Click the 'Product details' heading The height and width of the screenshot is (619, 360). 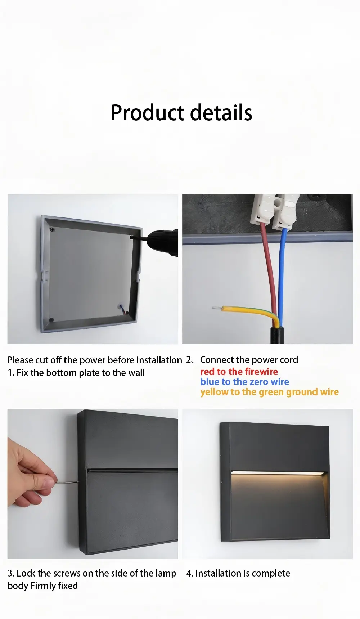pos(181,113)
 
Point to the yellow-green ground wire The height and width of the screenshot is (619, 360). pos(248,313)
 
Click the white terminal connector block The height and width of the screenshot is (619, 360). pos(276,211)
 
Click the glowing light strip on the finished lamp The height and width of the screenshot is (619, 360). pos(279,472)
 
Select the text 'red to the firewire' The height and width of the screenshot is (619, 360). pos(239,372)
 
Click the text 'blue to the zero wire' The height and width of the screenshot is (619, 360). pos(245,382)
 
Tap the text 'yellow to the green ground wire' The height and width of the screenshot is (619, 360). pos(270,392)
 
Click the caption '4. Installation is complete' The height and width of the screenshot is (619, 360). pos(238,573)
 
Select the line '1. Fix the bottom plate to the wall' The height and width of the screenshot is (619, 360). pos(76,373)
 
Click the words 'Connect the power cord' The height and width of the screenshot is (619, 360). pos(249,360)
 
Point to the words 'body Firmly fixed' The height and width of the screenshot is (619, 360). pos(42,586)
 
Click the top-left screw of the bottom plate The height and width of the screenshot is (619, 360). pos(53,229)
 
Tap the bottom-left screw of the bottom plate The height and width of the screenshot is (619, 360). pos(51,320)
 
